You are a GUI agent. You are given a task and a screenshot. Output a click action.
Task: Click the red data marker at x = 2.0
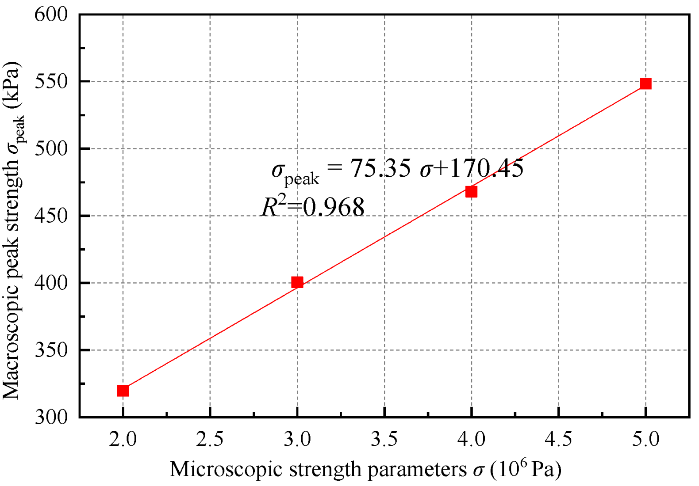point(123,391)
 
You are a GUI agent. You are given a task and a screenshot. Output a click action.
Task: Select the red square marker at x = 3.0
point(297,282)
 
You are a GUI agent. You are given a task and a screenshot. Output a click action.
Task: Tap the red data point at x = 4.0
point(471,192)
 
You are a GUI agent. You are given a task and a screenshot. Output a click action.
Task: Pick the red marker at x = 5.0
point(645,84)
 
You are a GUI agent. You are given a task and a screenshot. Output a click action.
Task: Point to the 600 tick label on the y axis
point(51,14)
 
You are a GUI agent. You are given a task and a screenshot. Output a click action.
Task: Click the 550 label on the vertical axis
point(51,82)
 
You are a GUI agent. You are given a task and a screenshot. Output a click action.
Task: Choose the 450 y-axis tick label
point(51,216)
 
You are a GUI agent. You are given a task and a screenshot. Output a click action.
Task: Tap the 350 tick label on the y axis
point(51,350)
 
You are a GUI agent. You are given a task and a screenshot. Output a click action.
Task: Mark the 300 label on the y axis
point(51,417)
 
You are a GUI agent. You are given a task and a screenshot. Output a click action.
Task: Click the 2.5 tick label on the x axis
point(210,440)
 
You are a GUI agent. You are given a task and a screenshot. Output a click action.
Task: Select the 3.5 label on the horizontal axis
point(384,440)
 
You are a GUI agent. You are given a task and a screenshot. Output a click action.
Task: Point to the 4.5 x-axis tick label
point(558,440)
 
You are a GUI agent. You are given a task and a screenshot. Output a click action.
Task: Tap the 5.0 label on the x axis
point(645,440)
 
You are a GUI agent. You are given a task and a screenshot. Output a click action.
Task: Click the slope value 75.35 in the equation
point(380,168)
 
